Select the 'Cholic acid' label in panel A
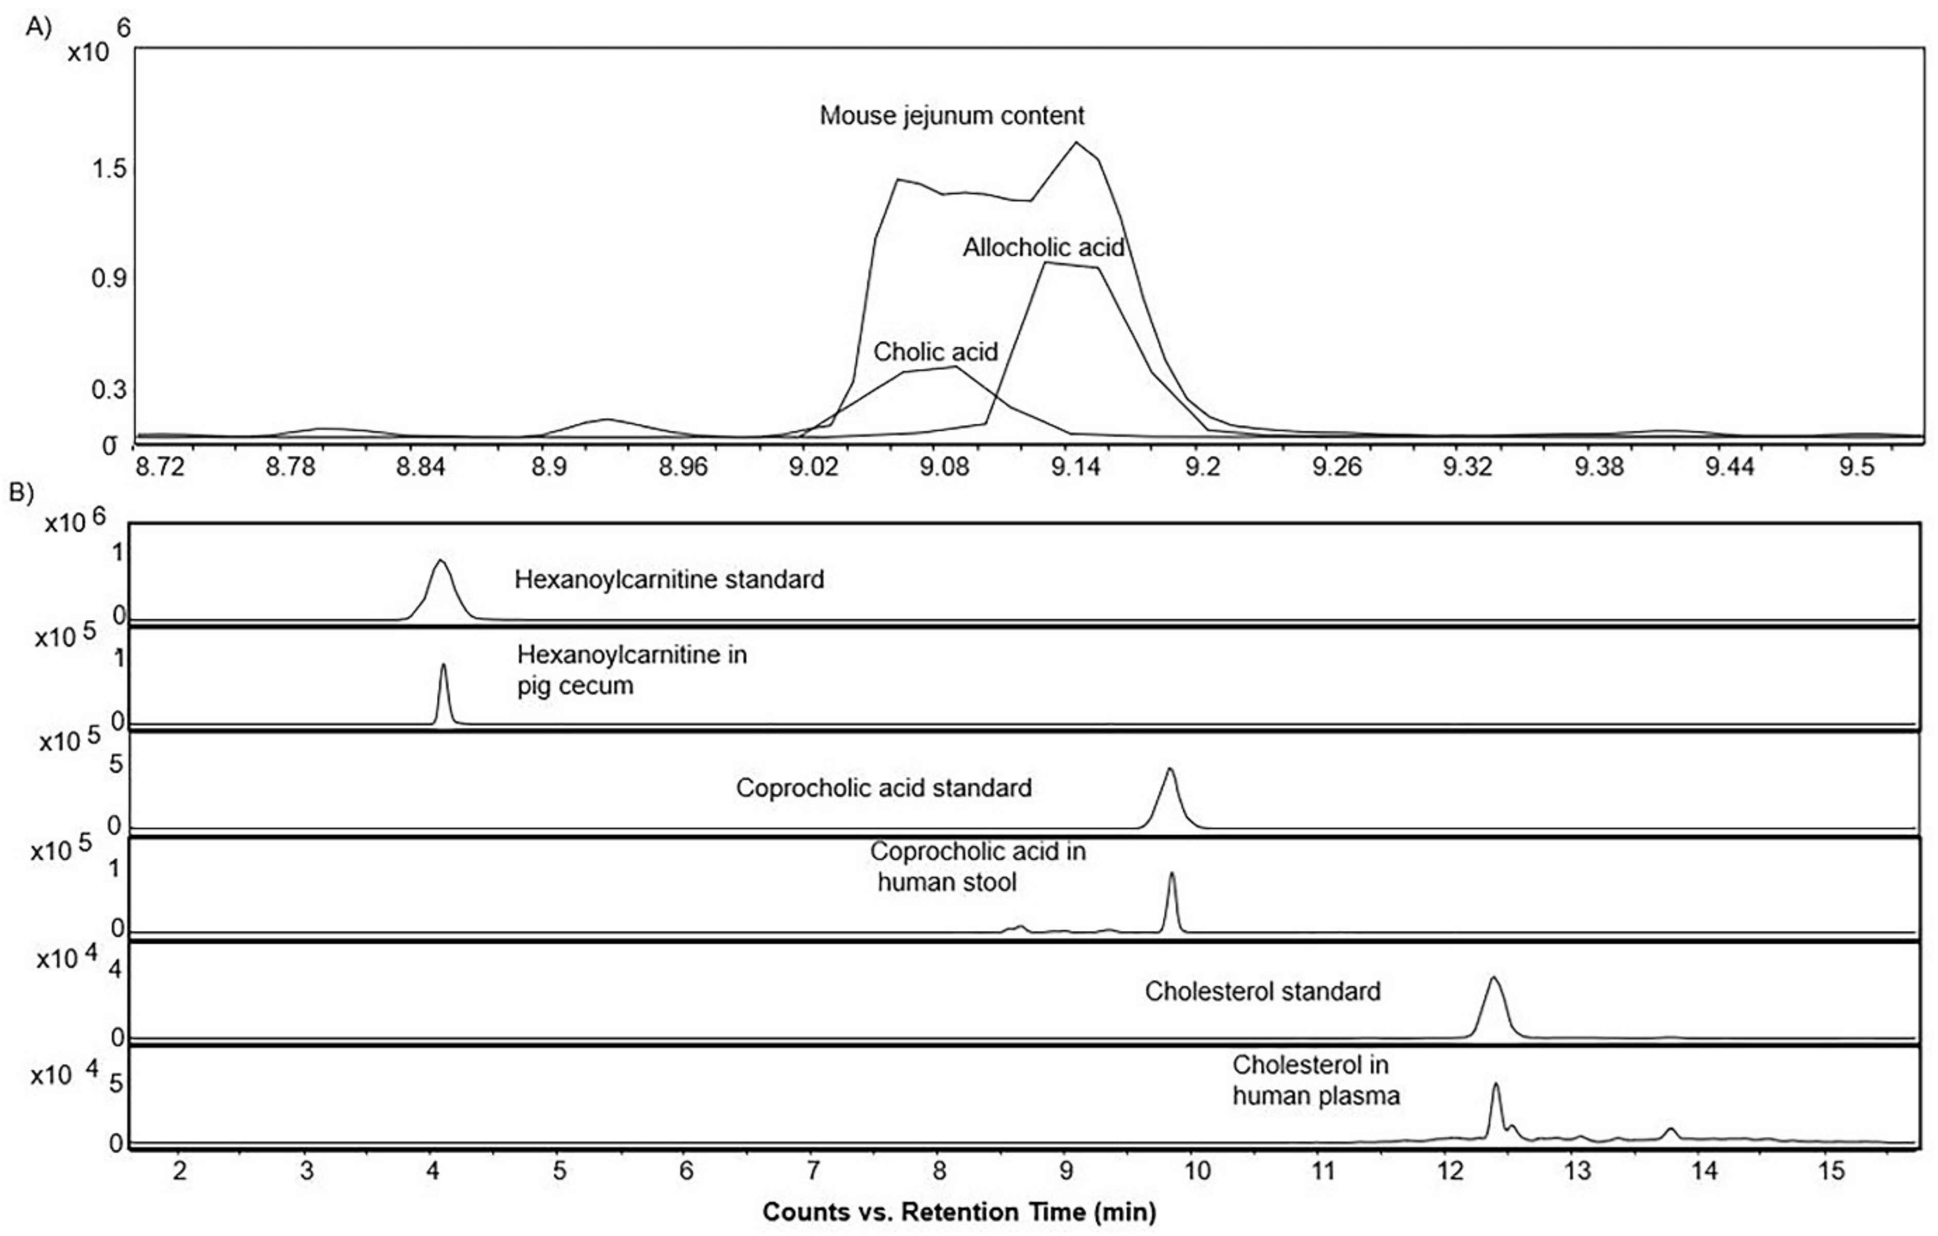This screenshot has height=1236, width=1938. click(x=935, y=352)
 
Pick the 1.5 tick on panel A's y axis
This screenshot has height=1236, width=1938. click(x=109, y=169)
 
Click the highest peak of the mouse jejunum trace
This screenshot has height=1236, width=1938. click(x=1076, y=143)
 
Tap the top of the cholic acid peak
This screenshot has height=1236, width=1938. click(x=954, y=367)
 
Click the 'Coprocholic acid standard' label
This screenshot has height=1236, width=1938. click(x=884, y=788)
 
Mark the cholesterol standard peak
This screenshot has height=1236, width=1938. click(x=1493, y=979)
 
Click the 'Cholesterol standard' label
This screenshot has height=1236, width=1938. click(x=1262, y=991)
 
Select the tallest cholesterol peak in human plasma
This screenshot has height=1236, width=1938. click(x=1496, y=1085)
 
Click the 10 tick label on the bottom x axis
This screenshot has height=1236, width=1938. click(x=1197, y=1171)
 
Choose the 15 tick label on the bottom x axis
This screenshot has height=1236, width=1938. click(x=1831, y=1171)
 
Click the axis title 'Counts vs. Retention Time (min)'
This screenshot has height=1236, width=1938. click(x=958, y=1212)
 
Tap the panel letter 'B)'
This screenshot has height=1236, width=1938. click(x=22, y=492)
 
